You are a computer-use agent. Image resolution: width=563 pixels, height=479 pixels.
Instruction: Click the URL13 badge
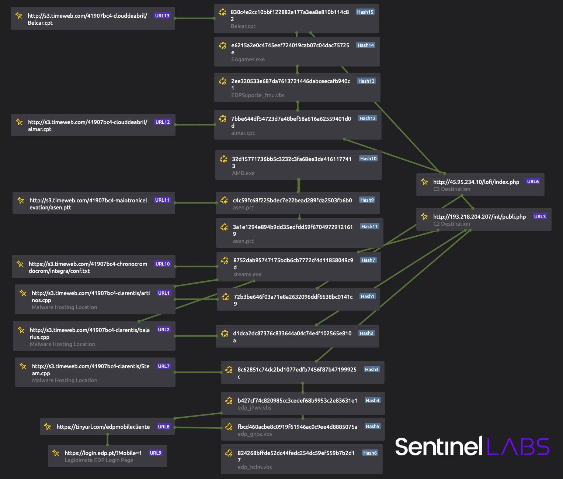click(162, 16)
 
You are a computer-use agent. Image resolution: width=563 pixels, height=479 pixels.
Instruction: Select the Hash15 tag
click(365, 12)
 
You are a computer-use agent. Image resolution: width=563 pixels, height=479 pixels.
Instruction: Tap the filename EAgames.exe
click(248, 59)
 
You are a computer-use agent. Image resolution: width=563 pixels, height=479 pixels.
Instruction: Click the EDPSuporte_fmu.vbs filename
click(258, 95)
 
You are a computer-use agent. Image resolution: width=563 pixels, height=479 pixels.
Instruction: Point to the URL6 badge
click(533, 182)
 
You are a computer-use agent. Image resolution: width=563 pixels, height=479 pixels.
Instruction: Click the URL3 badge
click(540, 217)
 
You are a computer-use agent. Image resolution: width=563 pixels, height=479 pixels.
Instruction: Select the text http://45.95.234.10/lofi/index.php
click(476, 182)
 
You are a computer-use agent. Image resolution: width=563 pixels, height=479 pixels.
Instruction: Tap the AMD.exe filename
click(243, 173)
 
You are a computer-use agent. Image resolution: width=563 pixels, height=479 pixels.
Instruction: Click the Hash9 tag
click(367, 200)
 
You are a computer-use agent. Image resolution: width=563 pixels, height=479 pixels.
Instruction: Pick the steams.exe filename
click(247, 274)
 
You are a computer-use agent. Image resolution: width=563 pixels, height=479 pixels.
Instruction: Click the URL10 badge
click(163, 264)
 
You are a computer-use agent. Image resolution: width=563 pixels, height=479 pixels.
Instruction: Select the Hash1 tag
click(367, 297)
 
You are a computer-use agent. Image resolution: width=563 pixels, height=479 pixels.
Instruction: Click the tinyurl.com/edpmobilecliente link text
click(103, 427)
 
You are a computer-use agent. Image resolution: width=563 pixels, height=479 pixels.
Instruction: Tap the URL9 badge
click(155, 453)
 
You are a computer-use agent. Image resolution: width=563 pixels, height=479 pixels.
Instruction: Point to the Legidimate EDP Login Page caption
click(99, 460)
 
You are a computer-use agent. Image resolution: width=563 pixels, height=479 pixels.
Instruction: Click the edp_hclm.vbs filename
click(254, 467)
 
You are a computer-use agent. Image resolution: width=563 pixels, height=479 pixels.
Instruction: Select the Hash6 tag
click(370, 453)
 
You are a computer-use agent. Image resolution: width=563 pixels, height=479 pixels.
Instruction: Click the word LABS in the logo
click(518, 447)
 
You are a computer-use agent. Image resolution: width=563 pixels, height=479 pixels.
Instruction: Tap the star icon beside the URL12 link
click(19, 122)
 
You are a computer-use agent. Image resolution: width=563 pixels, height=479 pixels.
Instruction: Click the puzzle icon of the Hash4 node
click(229, 401)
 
